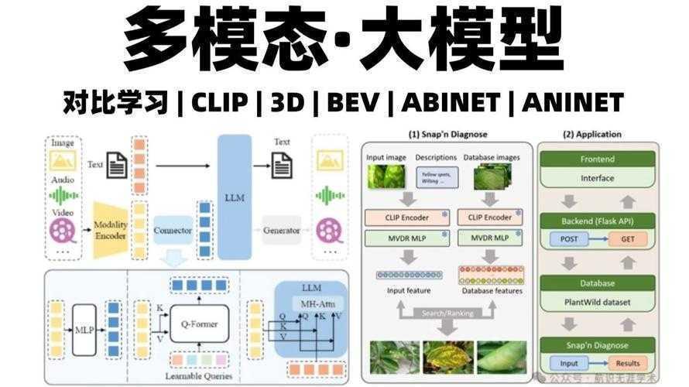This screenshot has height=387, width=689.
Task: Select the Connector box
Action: pos(173,230)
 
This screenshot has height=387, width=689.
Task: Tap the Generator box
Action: pos(281,230)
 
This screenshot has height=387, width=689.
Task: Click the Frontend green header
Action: pos(598,160)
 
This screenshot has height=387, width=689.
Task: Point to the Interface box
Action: pos(598,178)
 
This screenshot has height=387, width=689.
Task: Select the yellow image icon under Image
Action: pos(63,160)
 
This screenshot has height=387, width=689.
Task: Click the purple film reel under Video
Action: pos(62,230)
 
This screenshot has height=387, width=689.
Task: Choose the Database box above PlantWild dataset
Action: pos(598,283)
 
